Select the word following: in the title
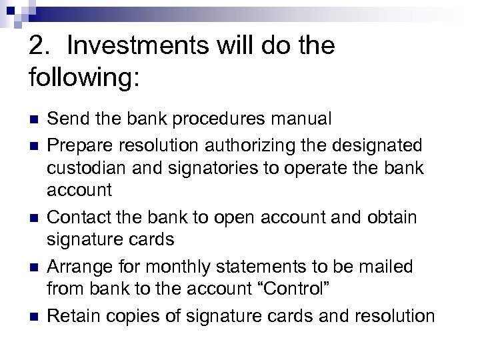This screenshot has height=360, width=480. [x=84, y=77]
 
